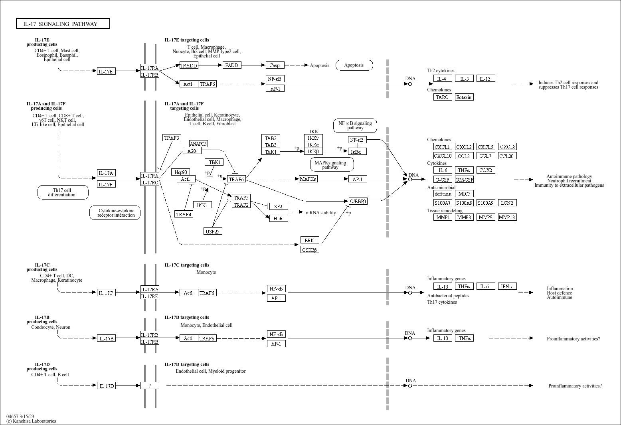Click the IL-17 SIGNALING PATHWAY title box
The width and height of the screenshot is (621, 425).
(63, 24)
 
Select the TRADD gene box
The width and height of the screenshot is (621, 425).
(189, 65)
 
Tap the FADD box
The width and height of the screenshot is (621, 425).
(232, 65)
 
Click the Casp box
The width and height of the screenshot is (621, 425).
(275, 65)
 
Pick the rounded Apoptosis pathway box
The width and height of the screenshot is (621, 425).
(354, 65)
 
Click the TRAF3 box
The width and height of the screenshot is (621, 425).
(172, 138)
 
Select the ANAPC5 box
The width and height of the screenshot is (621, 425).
(198, 144)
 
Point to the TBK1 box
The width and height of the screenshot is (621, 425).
(214, 162)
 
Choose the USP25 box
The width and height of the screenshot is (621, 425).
(213, 231)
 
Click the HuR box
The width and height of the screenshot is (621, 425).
(279, 218)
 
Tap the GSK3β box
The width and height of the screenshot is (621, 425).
(310, 250)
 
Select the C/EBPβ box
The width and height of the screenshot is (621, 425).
(358, 201)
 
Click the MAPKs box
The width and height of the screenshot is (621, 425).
(308, 179)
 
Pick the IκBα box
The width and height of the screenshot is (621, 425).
(357, 152)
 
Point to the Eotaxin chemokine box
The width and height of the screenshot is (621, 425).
(464, 97)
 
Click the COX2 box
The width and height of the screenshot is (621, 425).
(486, 170)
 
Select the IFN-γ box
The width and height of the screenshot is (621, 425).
(507, 286)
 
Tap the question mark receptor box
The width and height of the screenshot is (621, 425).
(150, 385)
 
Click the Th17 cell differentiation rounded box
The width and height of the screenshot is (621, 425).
(63, 192)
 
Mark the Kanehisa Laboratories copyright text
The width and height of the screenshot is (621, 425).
(31, 421)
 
